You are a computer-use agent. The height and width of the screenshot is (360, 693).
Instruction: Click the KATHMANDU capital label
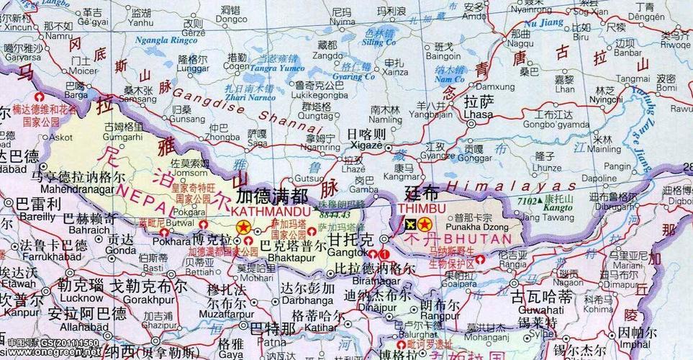(270, 212)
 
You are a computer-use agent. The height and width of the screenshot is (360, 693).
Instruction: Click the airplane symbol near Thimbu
(409, 225)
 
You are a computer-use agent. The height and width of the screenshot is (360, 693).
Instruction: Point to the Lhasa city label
(479, 114)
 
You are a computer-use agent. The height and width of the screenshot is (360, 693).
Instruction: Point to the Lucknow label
(81, 297)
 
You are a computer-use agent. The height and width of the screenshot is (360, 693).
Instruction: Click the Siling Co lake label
(379, 42)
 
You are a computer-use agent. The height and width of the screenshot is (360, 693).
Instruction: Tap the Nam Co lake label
(450, 78)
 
